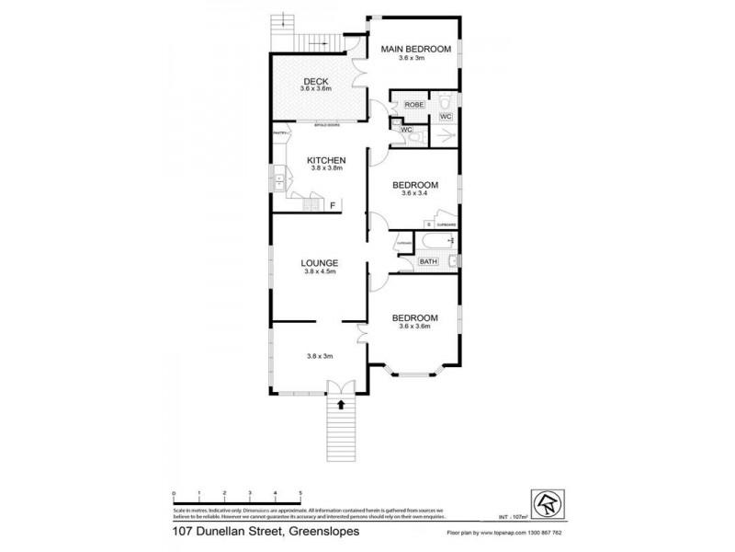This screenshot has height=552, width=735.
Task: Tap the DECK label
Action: (x=315, y=80)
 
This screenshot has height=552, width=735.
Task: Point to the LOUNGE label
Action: (x=320, y=263)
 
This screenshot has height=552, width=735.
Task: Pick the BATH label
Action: (x=428, y=262)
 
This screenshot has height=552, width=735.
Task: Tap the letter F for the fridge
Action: (x=333, y=204)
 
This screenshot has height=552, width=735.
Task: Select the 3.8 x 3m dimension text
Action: (x=320, y=355)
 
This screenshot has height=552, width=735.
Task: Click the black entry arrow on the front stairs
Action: (x=341, y=403)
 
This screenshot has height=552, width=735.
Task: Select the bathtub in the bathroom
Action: (x=434, y=242)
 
